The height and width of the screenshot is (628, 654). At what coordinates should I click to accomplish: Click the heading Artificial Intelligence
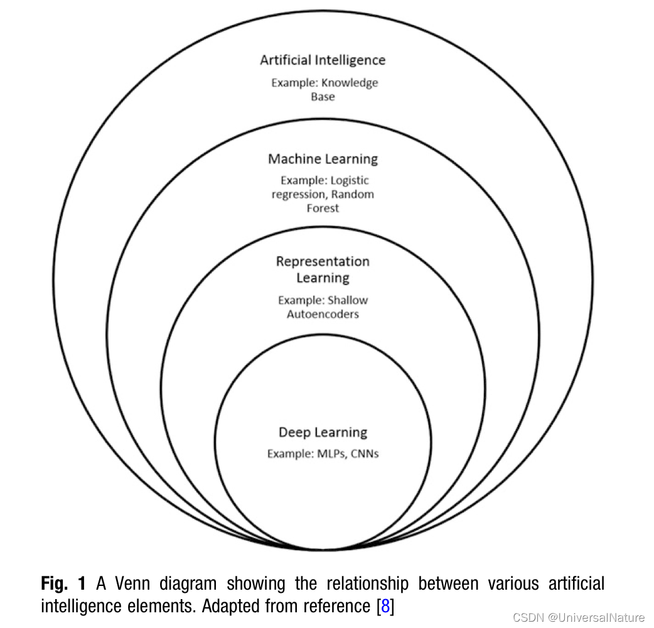pos(323,60)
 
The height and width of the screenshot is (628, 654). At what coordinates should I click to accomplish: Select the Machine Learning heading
pos(323,159)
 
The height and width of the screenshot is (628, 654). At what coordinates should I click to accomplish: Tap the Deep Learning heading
pos(323,432)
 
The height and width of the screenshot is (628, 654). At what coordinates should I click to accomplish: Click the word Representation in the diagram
pos(323,261)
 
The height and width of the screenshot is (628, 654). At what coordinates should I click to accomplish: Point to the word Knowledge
pos(350,83)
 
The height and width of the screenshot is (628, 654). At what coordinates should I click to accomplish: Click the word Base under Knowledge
pos(323,97)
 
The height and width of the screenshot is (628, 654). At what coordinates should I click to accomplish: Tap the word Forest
pos(323,208)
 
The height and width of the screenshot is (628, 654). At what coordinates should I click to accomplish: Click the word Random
pos(353,195)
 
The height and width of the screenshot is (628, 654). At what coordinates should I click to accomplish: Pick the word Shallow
pos(347,301)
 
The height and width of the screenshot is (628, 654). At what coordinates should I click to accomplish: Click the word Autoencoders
pos(323,314)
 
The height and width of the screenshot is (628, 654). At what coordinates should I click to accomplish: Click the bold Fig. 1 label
pos(63,583)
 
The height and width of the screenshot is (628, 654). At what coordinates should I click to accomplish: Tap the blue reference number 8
pos(385,607)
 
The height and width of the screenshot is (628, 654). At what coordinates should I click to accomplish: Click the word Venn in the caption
pos(133,583)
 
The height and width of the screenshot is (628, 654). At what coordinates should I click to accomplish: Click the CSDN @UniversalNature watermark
pos(578,617)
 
